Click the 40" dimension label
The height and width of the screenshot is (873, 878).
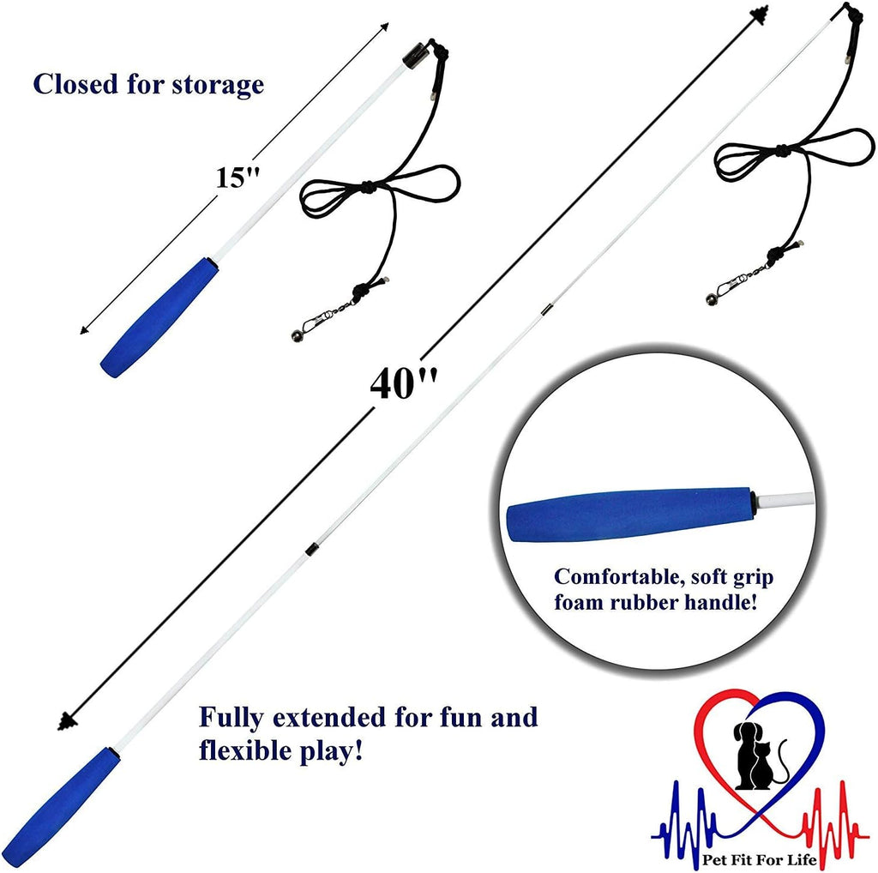(x=403, y=383)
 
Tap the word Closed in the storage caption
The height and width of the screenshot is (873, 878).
(x=75, y=84)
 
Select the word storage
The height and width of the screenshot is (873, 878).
(x=218, y=85)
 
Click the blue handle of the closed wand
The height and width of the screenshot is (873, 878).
(x=159, y=317)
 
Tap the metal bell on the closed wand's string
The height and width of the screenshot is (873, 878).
(x=297, y=336)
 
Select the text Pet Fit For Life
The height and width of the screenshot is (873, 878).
(x=760, y=859)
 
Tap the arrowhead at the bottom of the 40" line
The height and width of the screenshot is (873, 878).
(x=67, y=722)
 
